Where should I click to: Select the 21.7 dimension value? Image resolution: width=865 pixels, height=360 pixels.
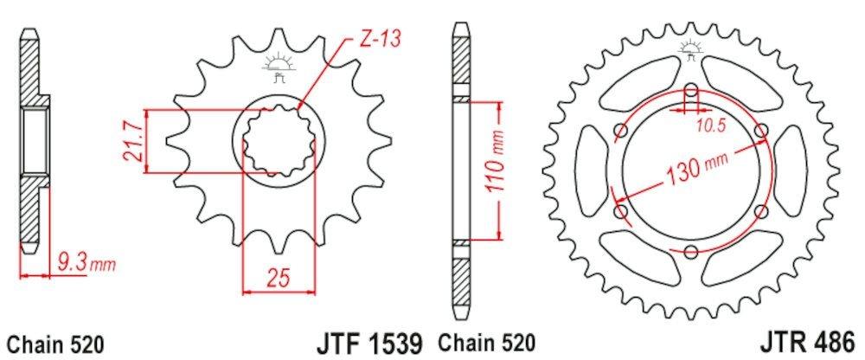point(131,141)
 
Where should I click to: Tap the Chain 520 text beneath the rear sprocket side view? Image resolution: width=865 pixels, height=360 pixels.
point(486,342)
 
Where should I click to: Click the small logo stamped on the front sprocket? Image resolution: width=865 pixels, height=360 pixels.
point(279,66)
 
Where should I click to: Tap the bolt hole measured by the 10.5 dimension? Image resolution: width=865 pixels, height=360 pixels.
point(690,93)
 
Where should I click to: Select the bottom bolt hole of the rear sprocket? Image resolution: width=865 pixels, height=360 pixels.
point(690,252)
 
